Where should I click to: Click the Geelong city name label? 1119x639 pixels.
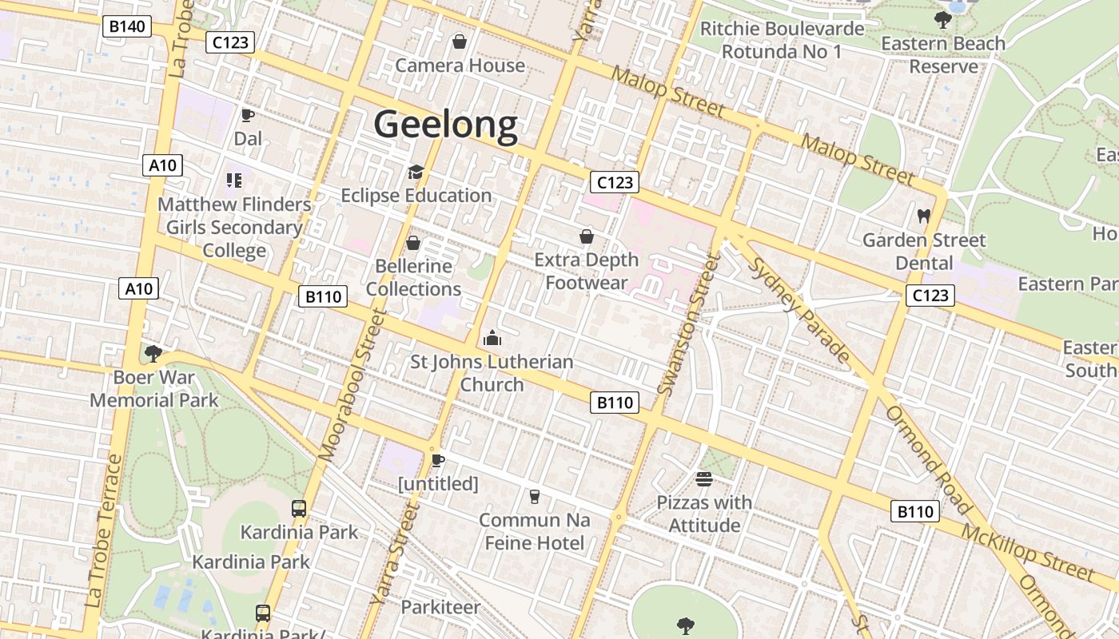click(x=445, y=125)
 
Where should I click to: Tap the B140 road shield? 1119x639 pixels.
click(x=127, y=26)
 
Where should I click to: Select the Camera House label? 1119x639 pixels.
click(x=460, y=65)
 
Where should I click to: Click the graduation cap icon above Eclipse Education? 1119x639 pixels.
click(x=416, y=172)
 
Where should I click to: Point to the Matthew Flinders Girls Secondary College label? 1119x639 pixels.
click(x=234, y=228)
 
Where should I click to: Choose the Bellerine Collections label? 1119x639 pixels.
click(x=413, y=277)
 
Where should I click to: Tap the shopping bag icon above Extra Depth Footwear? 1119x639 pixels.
click(x=587, y=236)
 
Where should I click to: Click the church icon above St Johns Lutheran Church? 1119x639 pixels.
click(x=492, y=339)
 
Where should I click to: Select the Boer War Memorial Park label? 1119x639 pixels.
click(x=154, y=388)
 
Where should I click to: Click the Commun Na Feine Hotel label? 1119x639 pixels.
click(x=535, y=532)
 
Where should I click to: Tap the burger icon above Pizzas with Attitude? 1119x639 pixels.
click(x=704, y=479)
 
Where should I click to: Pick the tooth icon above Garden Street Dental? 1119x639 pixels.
click(x=924, y=216)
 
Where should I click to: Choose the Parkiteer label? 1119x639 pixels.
click(x=440, y=607)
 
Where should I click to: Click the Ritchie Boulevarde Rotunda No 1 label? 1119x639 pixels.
click(x=782, y=41)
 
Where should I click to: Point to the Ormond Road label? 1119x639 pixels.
click(x=927, y=459)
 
